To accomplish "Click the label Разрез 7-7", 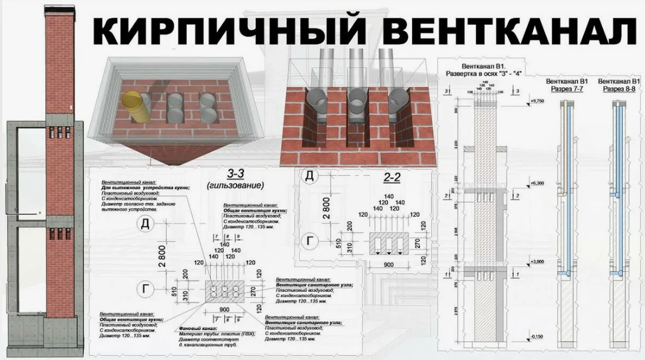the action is click(566, 88).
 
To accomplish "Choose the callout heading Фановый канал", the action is click(200, 328).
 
